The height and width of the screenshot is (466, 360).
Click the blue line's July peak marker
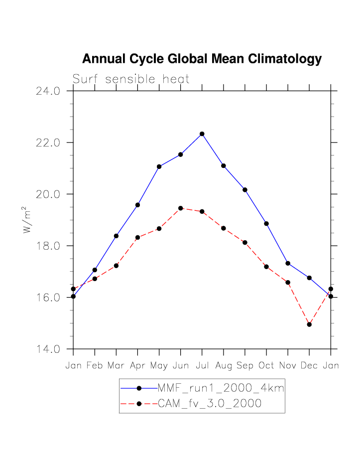(x=202, y=134)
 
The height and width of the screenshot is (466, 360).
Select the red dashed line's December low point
(x=309, y=324)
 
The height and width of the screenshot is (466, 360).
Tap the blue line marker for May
(x=159, y=166)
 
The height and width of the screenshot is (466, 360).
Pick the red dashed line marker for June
(x=181, y=208)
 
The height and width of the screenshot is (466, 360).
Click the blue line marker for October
(x=266, y=224)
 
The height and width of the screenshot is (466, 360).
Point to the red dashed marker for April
(x=137, y=237)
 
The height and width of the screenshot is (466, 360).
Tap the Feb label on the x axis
(x=95, y=366)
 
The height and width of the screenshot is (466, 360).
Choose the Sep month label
(x=245, y=366)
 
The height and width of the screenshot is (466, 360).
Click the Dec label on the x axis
(x=309, y=366)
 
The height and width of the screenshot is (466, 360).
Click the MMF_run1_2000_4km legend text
(x=221, y=388)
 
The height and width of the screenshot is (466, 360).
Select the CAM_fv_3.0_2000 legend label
(x=209, y=404)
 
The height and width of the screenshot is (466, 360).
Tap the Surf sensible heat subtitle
(x=131, y=79)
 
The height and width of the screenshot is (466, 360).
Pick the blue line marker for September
(x=245, y=190)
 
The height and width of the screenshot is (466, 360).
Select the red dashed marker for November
(x=288, y=283)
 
